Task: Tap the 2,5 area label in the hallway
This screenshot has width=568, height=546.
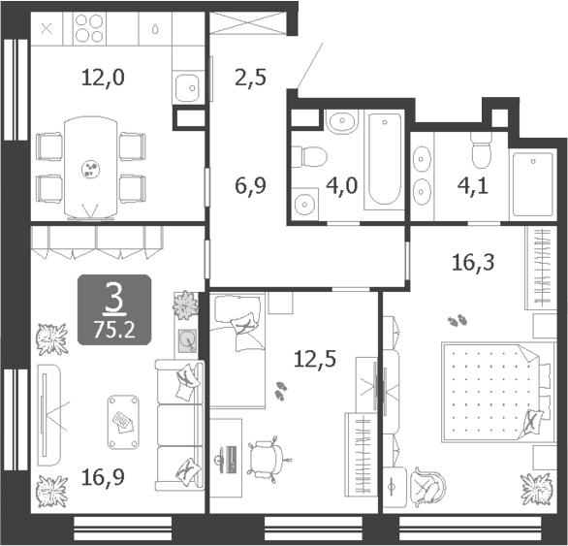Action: (250, 77)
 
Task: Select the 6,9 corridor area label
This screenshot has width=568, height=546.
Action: (250, 182)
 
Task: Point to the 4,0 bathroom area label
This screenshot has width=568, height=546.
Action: (345, 184)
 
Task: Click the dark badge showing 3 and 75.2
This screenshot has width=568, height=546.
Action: (114, 310)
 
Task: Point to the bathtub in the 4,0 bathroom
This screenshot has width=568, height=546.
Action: (386, 160)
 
